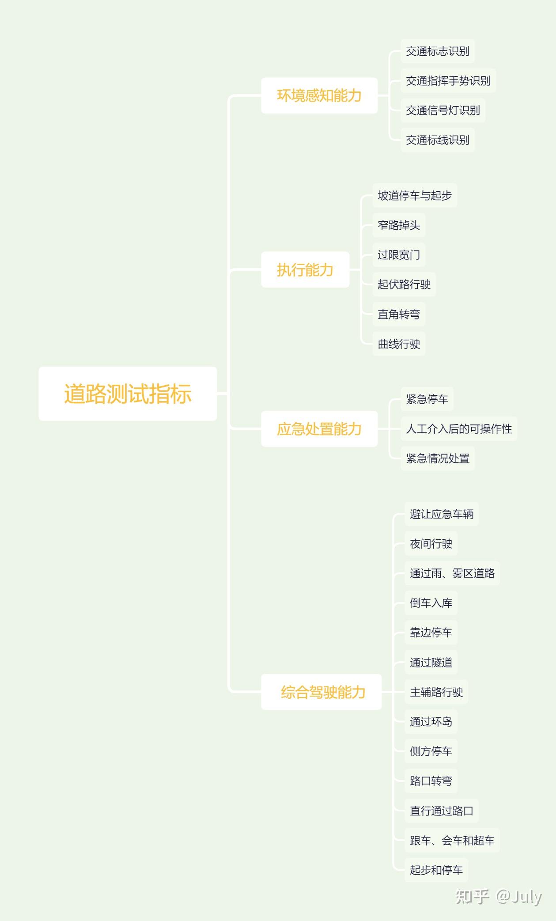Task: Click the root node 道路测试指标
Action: point(128,394)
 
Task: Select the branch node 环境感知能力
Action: point(319,95)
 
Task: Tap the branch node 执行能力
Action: point(305,269)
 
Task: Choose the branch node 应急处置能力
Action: point(319,428)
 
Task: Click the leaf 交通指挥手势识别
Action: point(448,81)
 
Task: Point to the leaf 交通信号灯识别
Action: point(443,110)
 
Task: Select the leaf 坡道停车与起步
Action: point(415,195)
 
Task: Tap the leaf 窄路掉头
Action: point(399,225)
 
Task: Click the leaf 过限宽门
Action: point(399,255)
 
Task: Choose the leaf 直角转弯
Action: point(399,314)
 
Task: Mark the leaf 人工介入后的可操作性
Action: point(459,428)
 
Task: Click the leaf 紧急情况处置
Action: point(438,459)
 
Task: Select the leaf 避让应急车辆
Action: point(442,514)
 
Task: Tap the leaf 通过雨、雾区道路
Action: point(452,573)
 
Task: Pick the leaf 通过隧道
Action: point(431,662)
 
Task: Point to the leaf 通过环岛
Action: point(431,721)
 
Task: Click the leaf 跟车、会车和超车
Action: point(452,840)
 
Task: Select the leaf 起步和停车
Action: point(436,870)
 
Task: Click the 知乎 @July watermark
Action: point(499,897)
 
